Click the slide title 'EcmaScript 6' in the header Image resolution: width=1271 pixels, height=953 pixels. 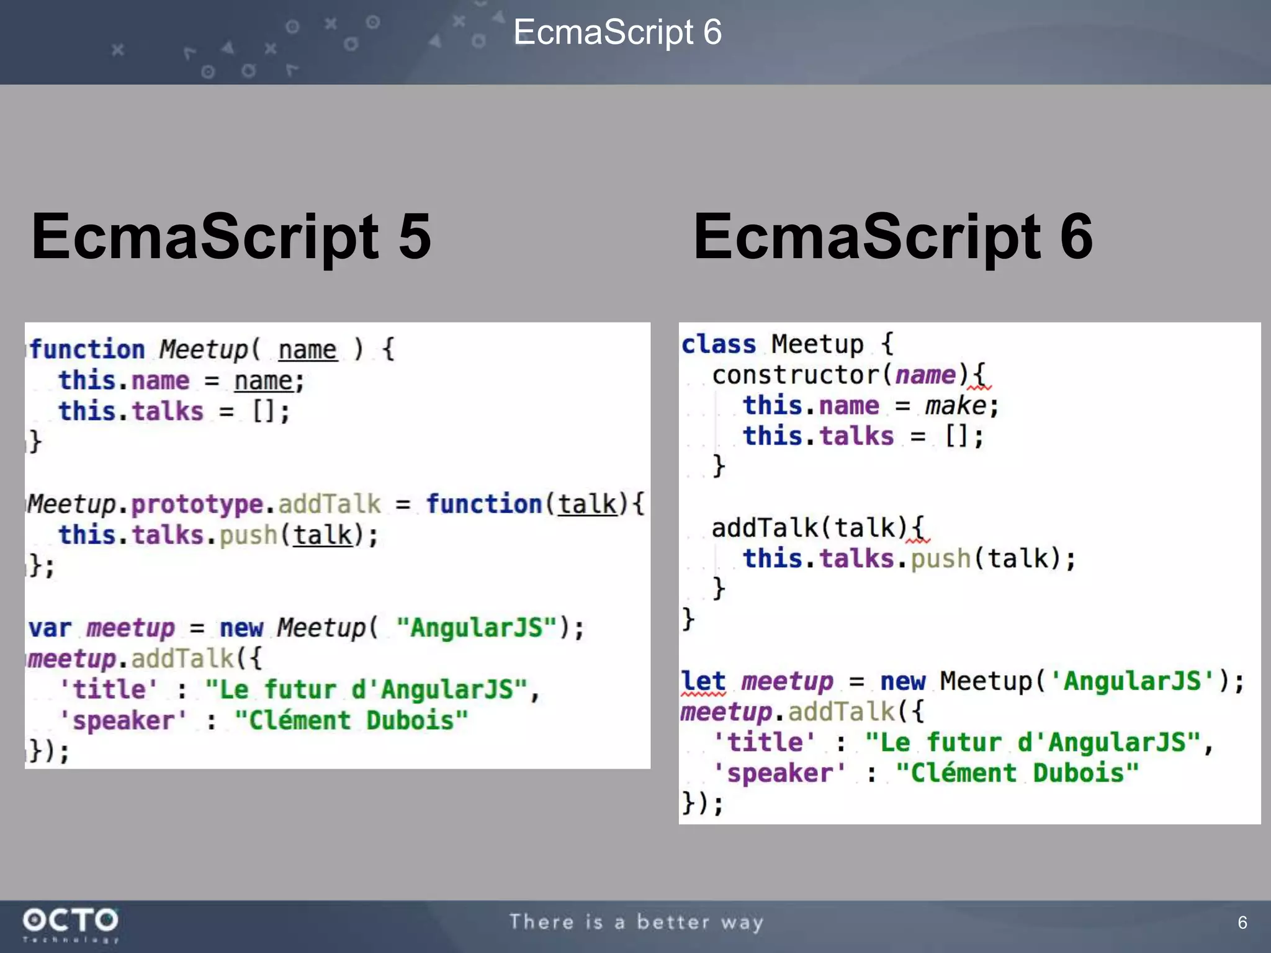(x=618, y=32)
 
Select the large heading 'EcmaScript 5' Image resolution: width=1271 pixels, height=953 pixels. (x=231, y=236)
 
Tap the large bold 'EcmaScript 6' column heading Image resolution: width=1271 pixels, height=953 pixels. (x=892, y=236)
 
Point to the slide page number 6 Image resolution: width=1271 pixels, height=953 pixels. (x=1242, y=923)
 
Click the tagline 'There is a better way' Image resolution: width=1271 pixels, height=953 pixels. (x=636, y=923)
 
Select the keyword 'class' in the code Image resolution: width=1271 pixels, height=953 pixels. (x=719, y=344)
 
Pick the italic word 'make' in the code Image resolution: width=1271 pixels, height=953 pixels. (x=955, y=406)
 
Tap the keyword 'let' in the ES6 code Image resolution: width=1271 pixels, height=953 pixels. (x=703, y=681)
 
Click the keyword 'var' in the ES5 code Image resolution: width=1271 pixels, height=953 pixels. (x=50, y=628)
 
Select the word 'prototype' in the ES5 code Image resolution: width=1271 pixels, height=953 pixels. (x=197, y=504)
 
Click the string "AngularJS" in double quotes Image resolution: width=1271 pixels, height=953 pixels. (x=477, y=628)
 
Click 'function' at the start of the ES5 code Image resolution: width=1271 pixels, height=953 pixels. (x=87, y=349)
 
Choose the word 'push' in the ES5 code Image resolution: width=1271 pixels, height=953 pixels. (x=248, y=535)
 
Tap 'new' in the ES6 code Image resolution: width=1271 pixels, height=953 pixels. (x=903, y=681)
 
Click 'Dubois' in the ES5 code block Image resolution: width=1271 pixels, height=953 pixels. (x=410, y=720)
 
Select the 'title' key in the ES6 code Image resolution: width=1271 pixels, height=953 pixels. (x=765, y=743)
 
